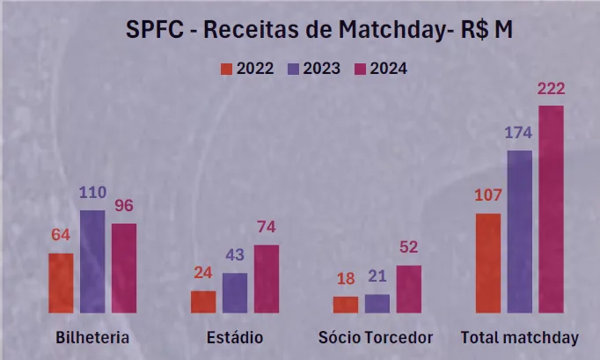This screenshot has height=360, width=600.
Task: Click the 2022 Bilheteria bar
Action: click(x=61, y=283)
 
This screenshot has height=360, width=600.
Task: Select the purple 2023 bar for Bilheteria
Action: click(x=92, y=261)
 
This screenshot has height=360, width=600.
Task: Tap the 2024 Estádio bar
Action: click(x=267, y=278)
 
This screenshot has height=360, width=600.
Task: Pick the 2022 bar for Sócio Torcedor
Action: click(x=346, y=305)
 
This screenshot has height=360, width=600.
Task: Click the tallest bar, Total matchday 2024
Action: click(x=551, y=209)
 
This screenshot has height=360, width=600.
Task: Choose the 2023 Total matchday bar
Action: click(x=519, y=231)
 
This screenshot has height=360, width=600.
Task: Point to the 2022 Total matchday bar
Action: click(x=488, y=262)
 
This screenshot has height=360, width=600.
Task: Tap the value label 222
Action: click(x=550, y=89)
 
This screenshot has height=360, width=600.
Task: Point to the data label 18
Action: click(x=346, y=279)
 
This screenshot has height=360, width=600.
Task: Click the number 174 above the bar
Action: click(x=519, y=134)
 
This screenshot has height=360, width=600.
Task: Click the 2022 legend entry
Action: click(x=247, y=69)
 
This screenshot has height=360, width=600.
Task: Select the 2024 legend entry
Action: click(x=380, y=69)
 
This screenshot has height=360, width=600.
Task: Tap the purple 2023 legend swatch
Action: click(x=292, y=69)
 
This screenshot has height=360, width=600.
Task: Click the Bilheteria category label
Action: click(x=92, y=338)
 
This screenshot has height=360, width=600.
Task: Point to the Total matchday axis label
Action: click(x=520, y=338)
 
